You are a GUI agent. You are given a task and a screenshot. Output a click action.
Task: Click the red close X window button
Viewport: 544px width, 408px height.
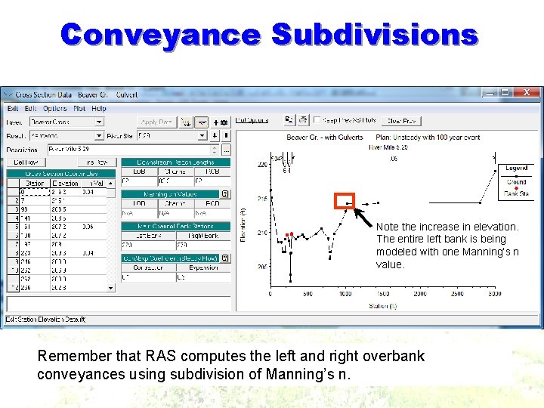(527, 92)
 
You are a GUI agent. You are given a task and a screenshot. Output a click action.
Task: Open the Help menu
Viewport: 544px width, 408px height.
(99, 109)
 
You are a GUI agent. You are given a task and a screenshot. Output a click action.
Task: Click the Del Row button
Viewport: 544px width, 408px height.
(27, 162)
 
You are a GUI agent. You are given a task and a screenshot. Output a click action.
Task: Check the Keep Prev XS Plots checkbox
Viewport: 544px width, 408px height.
(317, 121)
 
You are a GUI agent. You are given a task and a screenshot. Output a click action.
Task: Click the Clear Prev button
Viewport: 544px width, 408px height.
(402, 121)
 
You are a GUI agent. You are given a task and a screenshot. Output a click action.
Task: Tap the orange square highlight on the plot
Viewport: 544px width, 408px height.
(345, 202)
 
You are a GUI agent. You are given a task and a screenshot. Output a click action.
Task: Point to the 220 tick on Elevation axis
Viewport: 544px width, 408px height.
(261, 164)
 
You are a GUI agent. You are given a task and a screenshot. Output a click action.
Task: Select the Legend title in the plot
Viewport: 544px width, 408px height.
(517, 168)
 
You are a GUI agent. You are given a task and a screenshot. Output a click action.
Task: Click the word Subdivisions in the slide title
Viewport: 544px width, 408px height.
(374, 35)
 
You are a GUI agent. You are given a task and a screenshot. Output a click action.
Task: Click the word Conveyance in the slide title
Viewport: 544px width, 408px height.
(161, 35)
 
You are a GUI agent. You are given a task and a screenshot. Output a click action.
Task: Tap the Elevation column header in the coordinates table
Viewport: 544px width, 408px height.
(66, 182)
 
